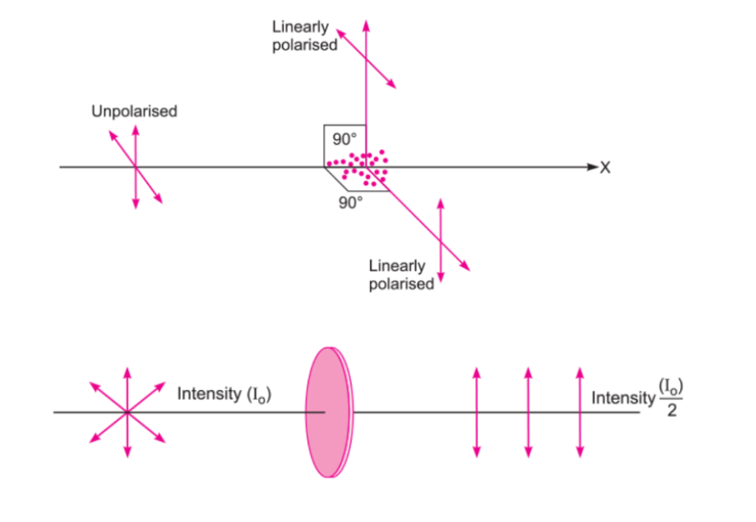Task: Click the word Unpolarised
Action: point(134,111)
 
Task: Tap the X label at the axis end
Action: point(605,168)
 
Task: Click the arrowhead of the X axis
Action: point(591,167)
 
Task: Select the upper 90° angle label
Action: point(344,138)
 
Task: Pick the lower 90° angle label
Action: point(350,202)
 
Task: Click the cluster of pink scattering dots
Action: point(361,167)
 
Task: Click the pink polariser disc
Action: point(328,412)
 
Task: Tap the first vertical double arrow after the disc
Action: point(476,412)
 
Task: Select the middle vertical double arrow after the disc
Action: point(527,412)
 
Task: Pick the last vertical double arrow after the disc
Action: point(579,412)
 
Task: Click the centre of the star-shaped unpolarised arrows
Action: point(127,412)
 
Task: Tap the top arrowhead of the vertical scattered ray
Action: point(366,23)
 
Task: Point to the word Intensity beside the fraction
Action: point(621,398)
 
